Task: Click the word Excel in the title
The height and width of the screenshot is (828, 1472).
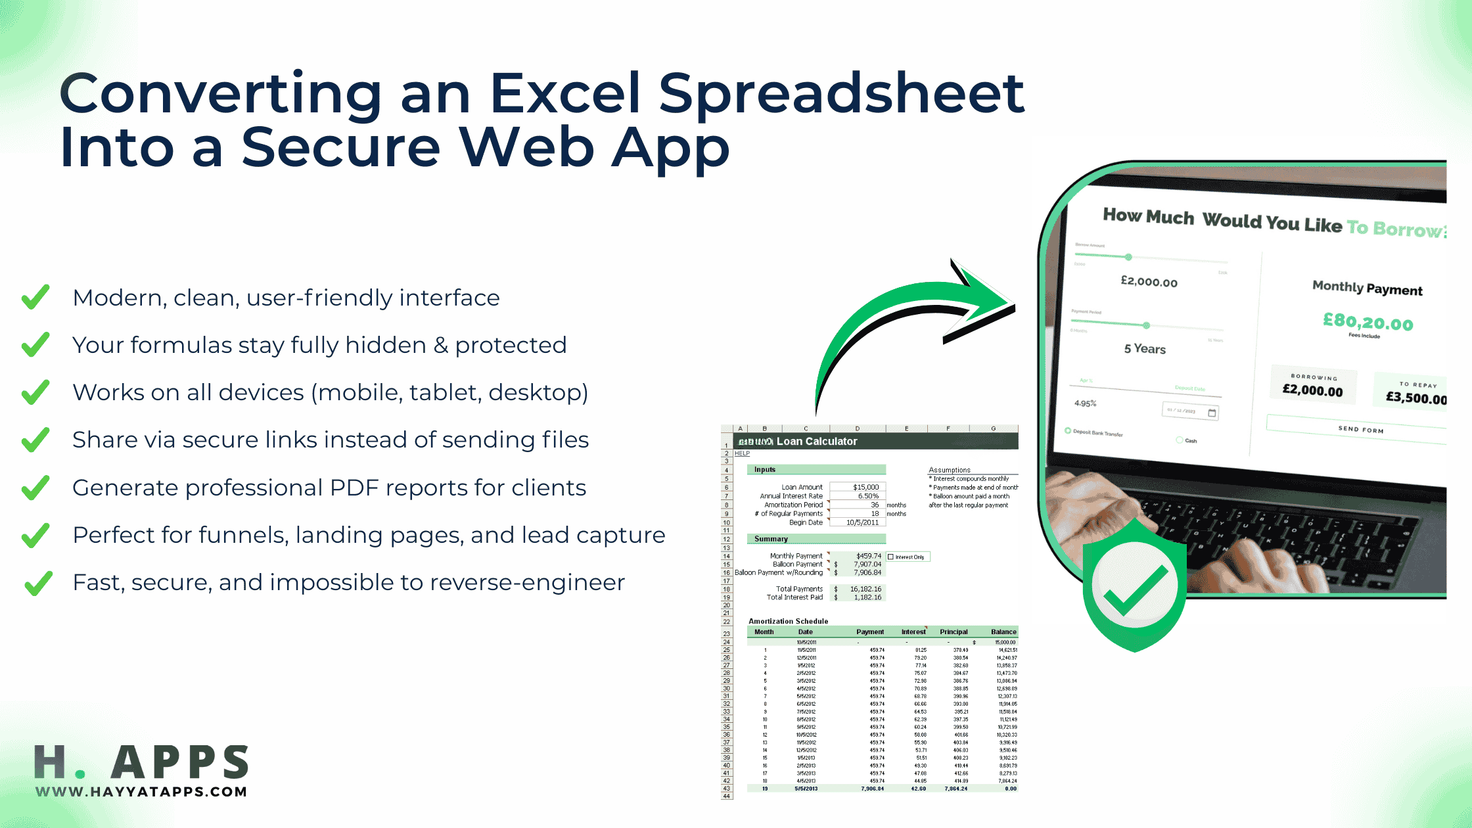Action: [564, 93]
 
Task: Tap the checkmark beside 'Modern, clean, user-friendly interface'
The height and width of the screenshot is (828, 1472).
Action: [35, 297]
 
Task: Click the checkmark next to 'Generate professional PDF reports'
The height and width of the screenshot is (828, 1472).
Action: [35, 487]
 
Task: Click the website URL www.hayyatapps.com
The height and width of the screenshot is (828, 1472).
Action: [141, 792]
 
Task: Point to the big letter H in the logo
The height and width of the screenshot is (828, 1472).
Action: [50, 762]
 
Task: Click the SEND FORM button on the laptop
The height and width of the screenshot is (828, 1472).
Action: [1360, 429]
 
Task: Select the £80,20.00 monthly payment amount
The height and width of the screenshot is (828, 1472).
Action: [1368, 322]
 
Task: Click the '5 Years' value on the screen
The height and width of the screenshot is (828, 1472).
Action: [1145, 349]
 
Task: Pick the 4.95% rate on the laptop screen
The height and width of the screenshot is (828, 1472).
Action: [1085, 403]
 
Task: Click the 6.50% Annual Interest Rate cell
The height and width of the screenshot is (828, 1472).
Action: [867, 496]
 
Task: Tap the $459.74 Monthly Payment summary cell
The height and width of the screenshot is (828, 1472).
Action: [867, 556]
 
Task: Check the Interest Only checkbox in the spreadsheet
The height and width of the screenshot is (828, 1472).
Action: [891, 557]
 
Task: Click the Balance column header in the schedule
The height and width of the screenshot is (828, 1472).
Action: [1003, 632]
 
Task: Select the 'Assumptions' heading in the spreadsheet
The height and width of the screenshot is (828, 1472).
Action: [949, 470]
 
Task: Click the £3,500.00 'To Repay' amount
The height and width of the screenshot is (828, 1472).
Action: [1415, 398]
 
